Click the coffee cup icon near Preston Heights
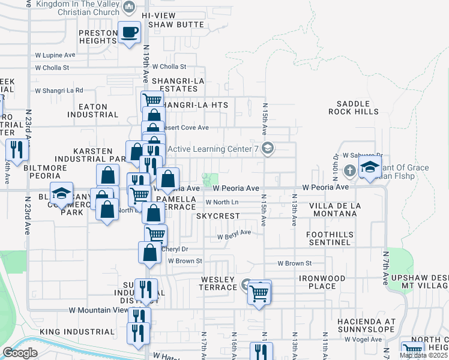tap(128, 31)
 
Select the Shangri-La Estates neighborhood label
tap(178, 85)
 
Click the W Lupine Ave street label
tap(55, 55)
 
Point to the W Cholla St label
tap(169, 67)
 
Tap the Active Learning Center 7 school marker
tap(268, 148)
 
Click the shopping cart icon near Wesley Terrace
tap(259, 293)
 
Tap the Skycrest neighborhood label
tap(218, 215)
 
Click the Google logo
tap(20, 352)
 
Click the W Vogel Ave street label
tap(363, 339)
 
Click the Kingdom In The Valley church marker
tap(128, 7)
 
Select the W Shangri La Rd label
tap(59, 91)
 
